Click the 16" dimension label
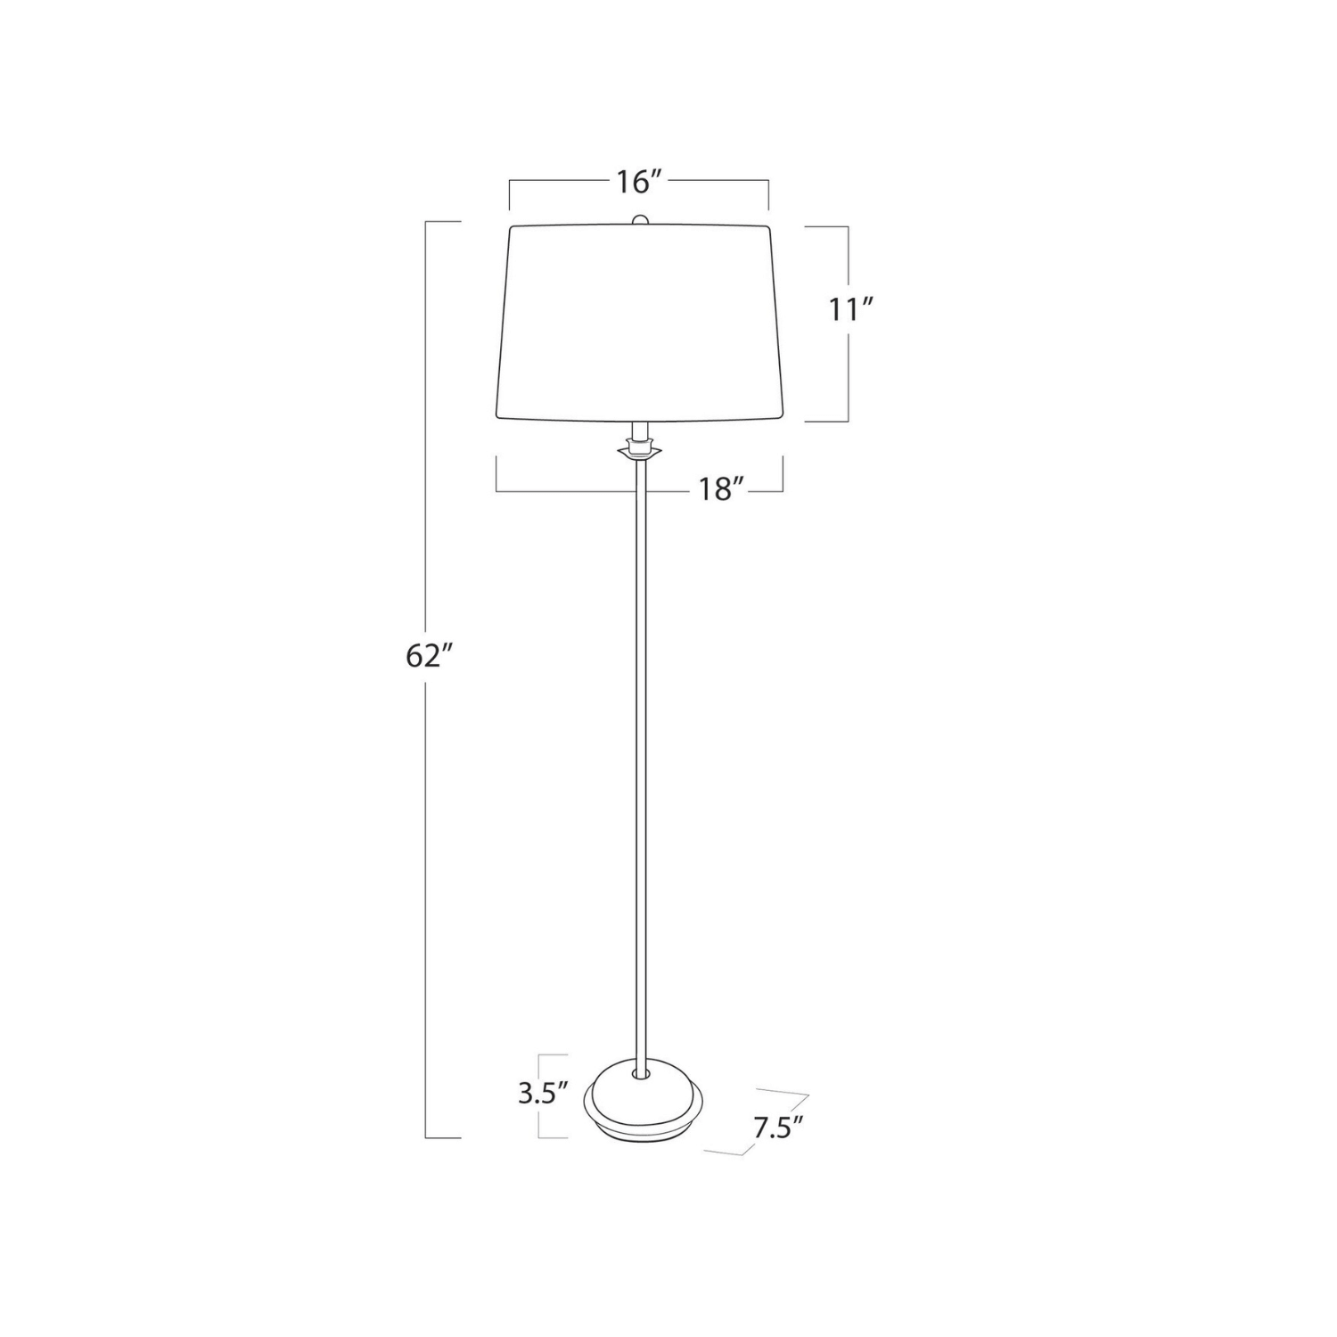click(638, 182)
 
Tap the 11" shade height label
click(850, 310)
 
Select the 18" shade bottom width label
click(721, 488)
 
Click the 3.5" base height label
click(544, 1094)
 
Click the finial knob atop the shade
click(638, 220)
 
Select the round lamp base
click(642, 1103)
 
